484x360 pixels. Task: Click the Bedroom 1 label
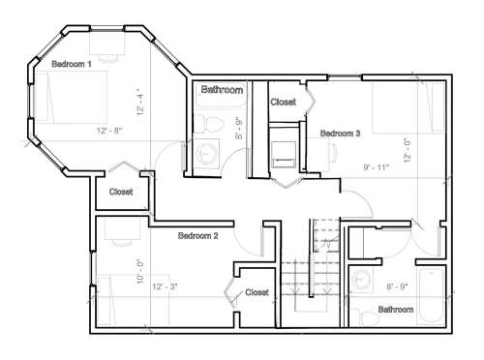click(x=72, y=64)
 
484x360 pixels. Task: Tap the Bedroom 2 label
click(x=197, y=236)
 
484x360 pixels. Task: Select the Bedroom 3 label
click(x=340, y=134)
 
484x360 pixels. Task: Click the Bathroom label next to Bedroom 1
click(x=222, y=89)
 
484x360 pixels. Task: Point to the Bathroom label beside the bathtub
click(x=396, y=310)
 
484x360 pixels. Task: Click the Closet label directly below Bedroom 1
click(x=121, y=192)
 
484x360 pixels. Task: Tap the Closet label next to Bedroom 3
click(x=283, y=102)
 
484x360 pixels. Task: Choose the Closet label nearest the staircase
click(x=257, y=292)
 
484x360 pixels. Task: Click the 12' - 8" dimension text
click(x=109, y=131)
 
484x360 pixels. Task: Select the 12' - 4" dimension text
click(x=140, y=102)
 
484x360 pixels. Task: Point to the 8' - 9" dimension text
click(x=239, y=128)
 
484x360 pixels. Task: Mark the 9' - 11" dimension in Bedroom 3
click(x=377, y=167)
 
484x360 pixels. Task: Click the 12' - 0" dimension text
click(x=408, y=150)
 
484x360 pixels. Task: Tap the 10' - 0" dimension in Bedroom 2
click(x=140, y=272)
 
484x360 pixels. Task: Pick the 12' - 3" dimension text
click(x=165, y=286)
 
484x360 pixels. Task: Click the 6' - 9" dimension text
click(x=397, y=286)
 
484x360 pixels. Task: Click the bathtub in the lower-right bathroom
click(x=431, y=295)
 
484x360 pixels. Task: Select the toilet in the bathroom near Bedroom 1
click(x=209, y=124)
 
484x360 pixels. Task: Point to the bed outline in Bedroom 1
click(x=72, y=97)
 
